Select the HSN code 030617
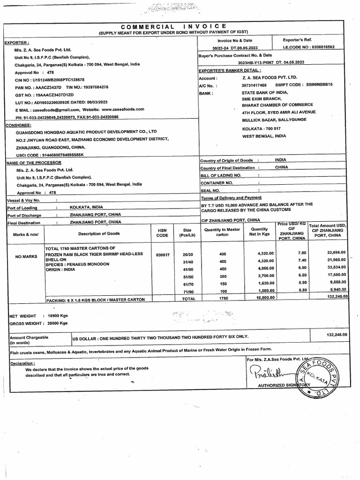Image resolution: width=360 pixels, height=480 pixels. [162, 256]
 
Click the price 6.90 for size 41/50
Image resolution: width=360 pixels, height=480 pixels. [300, 269]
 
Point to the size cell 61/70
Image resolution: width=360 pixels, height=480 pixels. [188, 285]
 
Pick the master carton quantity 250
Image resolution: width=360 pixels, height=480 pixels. [222, 277]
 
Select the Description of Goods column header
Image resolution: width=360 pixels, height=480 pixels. [98, 233]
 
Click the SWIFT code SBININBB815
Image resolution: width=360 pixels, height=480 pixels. [315, 85]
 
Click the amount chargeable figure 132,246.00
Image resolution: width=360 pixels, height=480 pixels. [336, 334]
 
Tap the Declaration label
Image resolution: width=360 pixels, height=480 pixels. [22, 363]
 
